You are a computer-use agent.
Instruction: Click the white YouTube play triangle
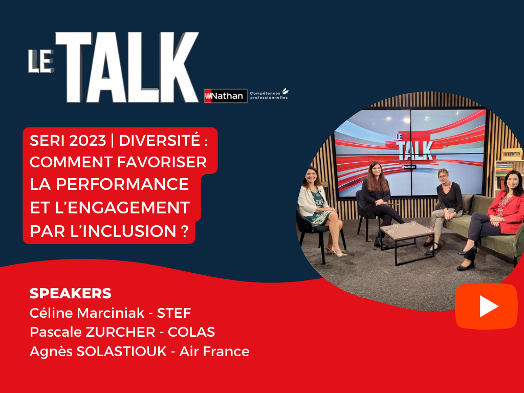489,306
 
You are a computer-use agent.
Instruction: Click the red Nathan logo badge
226,96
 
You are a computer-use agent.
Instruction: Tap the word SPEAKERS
71,293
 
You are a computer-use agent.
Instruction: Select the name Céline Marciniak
87,313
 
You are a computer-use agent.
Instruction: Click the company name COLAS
191,332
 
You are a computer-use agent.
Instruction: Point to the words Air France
214,352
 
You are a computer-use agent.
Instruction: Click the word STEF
174,313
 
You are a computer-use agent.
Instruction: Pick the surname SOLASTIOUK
122,352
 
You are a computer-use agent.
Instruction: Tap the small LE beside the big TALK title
41,61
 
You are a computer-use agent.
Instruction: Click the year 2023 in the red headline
87,141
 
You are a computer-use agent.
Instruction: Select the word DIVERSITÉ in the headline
160,140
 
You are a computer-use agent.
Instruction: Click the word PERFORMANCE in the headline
122,184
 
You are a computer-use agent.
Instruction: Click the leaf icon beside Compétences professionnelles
285,91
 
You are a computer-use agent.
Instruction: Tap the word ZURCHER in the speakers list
120,332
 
